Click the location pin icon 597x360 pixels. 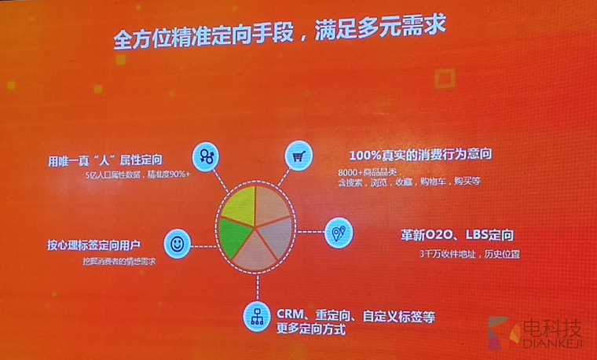[x=339, y=232]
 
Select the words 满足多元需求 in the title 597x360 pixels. [x=393, y=37]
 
